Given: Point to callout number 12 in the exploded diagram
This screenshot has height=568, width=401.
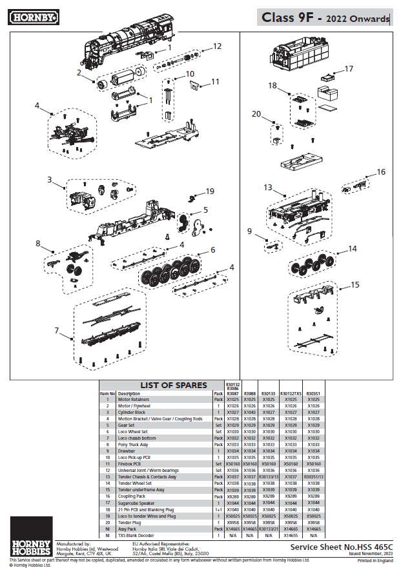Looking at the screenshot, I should (217, 46).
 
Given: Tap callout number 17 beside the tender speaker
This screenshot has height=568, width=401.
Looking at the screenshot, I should (349, 69).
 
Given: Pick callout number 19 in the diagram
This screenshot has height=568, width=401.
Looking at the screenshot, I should (209, 191).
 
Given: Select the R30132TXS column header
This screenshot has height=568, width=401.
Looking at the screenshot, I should (291, 393).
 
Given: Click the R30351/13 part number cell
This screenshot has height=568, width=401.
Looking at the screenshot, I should (313, 476).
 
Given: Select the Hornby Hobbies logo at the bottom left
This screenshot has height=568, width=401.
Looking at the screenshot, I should (30, 536).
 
